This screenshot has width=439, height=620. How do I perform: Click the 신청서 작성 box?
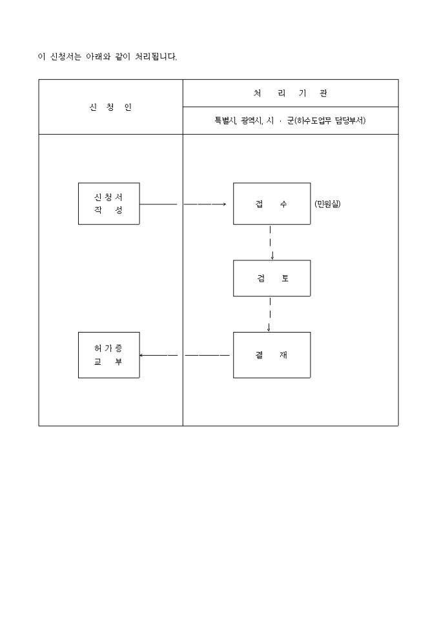[x=108, y=204]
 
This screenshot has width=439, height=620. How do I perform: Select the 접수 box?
[x=271, y=204]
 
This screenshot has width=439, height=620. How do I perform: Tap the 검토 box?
[x=271, y=278]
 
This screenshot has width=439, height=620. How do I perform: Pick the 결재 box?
[x=271, y=355]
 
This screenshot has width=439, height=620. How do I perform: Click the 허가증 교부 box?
[x=108, y=355]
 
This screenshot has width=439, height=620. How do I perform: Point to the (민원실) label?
[x=327, y=204]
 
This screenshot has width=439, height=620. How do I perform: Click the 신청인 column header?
[x=110, y=107]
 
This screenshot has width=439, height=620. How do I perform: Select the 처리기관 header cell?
[x=291, y=93]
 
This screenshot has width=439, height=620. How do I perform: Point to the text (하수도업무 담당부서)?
[x=329, y=121]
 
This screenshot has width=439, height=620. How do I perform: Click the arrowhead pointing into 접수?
[x=223, y=204]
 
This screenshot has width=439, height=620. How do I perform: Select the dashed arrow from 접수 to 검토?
[x=271, y=242]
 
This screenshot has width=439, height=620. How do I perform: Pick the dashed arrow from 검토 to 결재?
[x=269, y=314]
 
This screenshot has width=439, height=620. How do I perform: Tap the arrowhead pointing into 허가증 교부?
[x=142, y=355]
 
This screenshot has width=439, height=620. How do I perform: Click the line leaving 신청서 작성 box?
[x=158, y=204]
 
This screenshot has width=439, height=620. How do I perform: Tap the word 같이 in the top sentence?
[x=122, y=57]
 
